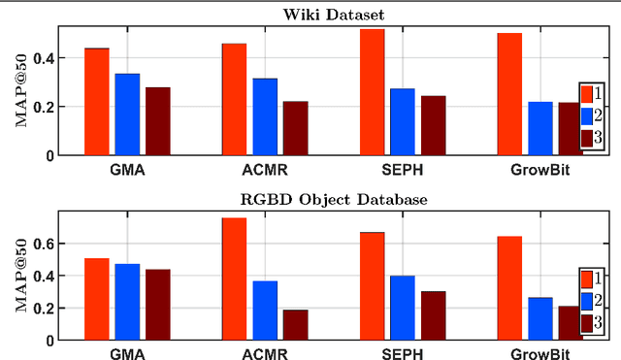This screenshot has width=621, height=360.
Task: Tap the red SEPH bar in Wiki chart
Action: pos(372,92)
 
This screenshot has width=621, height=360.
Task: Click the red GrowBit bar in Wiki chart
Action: pos(509,94)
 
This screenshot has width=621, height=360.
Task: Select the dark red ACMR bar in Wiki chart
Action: pos(295,128)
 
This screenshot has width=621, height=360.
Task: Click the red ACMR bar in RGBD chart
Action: pos(234,278)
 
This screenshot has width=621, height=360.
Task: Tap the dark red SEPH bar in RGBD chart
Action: pos(433,315)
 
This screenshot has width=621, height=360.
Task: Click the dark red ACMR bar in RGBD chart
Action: pos(295,325)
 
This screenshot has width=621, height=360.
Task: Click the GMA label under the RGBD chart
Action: pos(127,354)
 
